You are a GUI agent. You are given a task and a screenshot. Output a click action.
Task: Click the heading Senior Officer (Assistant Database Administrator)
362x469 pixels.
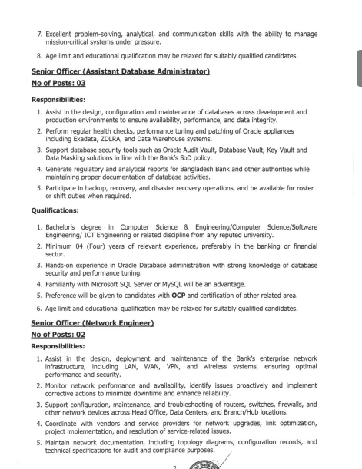point(121,71)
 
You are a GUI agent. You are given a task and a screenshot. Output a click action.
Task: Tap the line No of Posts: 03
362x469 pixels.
point(58,83)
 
